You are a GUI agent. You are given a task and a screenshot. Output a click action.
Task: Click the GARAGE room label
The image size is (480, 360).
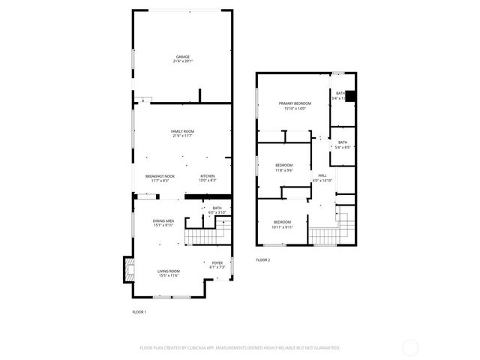click(x=183, y=57)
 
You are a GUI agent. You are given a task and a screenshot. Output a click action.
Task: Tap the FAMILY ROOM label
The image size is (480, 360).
click(x=183, y=131)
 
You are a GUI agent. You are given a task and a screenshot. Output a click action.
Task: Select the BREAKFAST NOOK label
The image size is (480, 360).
click(x=161, y=175)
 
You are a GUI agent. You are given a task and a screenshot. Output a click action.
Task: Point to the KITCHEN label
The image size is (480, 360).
click(x=208, y=175)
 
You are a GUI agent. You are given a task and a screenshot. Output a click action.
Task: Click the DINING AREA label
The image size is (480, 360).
click(x=163, y=220)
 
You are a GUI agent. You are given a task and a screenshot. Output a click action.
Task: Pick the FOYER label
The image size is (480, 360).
click(x=217, y=262)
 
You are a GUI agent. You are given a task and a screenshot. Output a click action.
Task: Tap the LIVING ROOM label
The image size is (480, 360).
click(x=168, y=271)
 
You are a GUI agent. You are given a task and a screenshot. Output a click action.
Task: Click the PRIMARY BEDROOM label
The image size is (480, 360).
click(x=295, y=103)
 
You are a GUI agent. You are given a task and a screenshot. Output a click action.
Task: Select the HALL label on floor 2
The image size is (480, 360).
click(x=322, y=175)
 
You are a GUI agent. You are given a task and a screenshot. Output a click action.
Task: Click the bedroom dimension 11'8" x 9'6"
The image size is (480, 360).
click(x=283, y=170)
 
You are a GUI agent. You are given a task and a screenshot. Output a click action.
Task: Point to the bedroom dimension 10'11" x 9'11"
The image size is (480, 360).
click(x=282, y=227)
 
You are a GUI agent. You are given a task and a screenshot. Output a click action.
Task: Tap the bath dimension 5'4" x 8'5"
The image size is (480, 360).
click(x=342, y=148)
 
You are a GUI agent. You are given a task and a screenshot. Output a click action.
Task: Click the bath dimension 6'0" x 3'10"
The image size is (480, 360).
click(x=217, y=213)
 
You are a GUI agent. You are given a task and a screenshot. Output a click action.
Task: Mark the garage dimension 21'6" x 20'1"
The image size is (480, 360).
click(x=183, y=62)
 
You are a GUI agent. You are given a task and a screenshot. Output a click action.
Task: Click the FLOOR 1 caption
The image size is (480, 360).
click(x=139, y=311)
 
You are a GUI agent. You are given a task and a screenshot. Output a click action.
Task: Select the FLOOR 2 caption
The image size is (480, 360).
click(x=262, y=259)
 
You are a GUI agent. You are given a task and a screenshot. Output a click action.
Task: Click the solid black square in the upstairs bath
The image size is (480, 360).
click(x=349, y=95)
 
